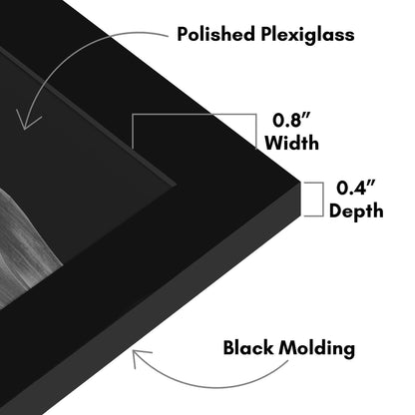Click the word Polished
pos(216,34)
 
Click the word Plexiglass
pos(307,35)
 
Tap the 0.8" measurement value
pos(291,120)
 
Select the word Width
pos(291,143)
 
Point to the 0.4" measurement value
pos(356,188)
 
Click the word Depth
pos(356,211)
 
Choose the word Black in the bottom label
pos(248,348)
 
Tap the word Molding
pos(316,349)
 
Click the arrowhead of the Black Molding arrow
pos(140,357)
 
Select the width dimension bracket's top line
pos(195,115)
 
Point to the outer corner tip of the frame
pos(300,182)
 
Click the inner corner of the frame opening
pos(176,183)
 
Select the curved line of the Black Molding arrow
pos(212,386)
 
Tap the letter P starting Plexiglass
pos(266,34)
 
